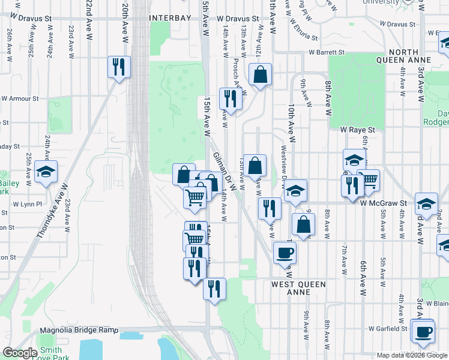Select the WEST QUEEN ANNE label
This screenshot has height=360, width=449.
point(298,288)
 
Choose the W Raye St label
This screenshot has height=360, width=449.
point(357,129)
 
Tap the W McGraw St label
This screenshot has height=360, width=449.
point(384,203)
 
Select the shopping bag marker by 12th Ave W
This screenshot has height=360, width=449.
point(261,75)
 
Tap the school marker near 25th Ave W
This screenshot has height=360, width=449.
point(46,172)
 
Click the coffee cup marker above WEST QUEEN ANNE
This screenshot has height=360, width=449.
point(285,252)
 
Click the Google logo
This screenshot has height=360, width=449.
point(20,353)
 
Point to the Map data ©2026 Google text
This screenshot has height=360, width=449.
point(412,355)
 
